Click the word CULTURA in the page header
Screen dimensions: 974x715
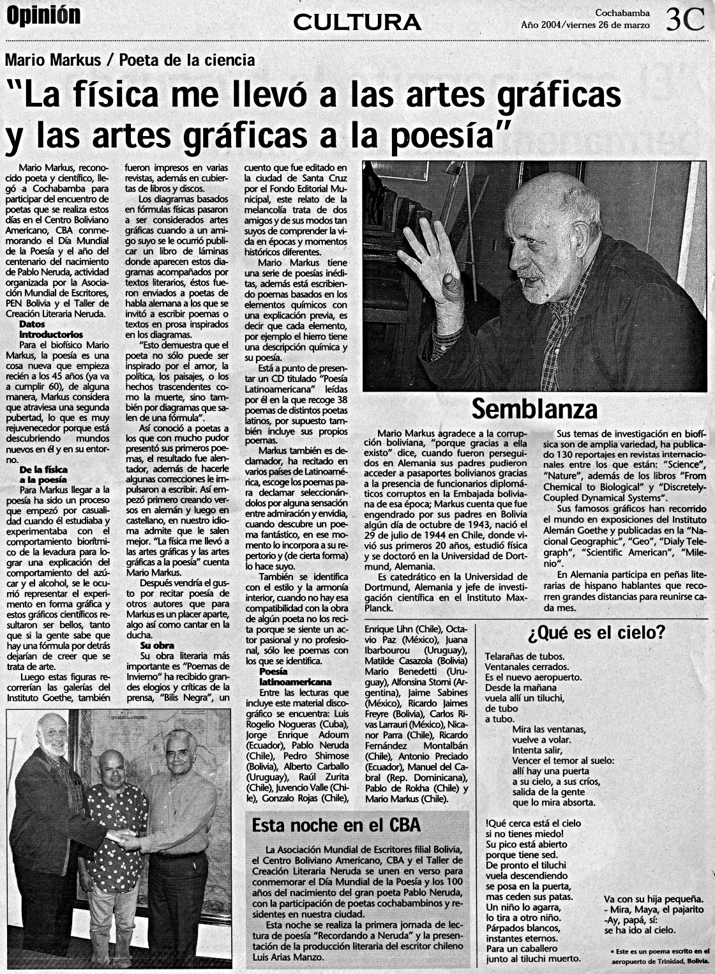(357, 22)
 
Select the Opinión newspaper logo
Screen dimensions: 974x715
(43, 16)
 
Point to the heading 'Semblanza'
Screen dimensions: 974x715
(534, 409)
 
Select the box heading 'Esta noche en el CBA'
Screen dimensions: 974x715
(336, 825)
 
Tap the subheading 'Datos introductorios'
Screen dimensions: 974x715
(51, 330)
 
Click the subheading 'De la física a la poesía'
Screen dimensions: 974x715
(43, 475)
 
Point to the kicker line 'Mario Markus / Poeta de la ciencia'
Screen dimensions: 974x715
(130, 60)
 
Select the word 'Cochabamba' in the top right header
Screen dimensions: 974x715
(622, 13)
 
